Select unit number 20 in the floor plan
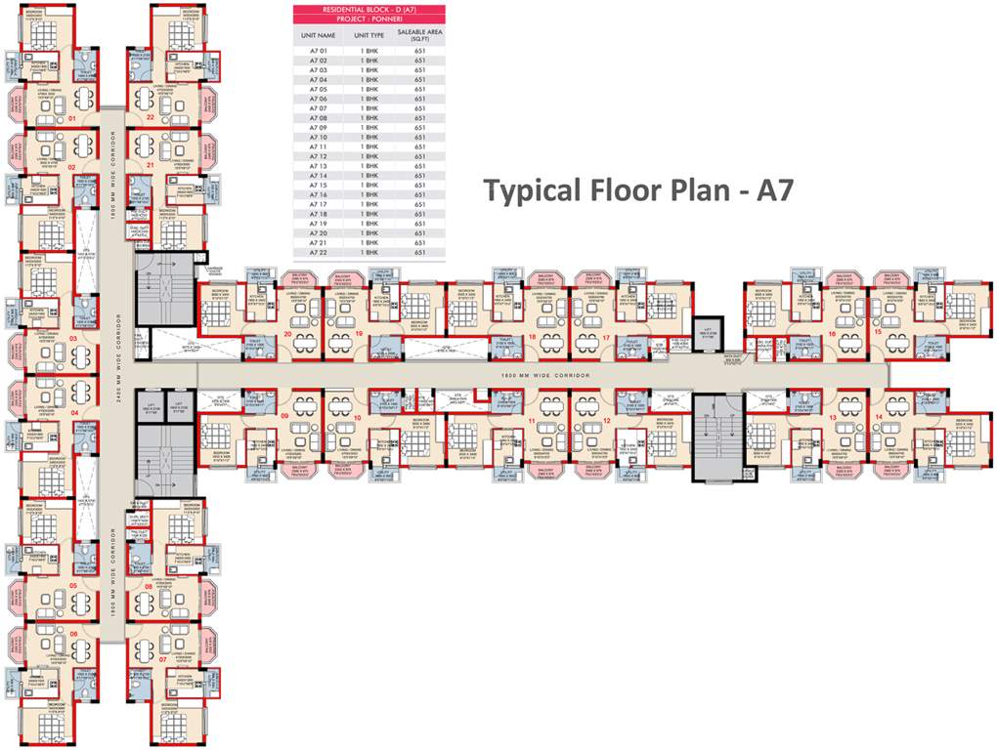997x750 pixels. point(287,333)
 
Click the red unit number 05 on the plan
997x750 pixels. point(73,586)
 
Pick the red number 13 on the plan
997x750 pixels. point(833,417)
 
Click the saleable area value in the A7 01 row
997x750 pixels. point(420,52)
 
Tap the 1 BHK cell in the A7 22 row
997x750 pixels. point(368,253)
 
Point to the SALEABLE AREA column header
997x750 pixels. point(420,36)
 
